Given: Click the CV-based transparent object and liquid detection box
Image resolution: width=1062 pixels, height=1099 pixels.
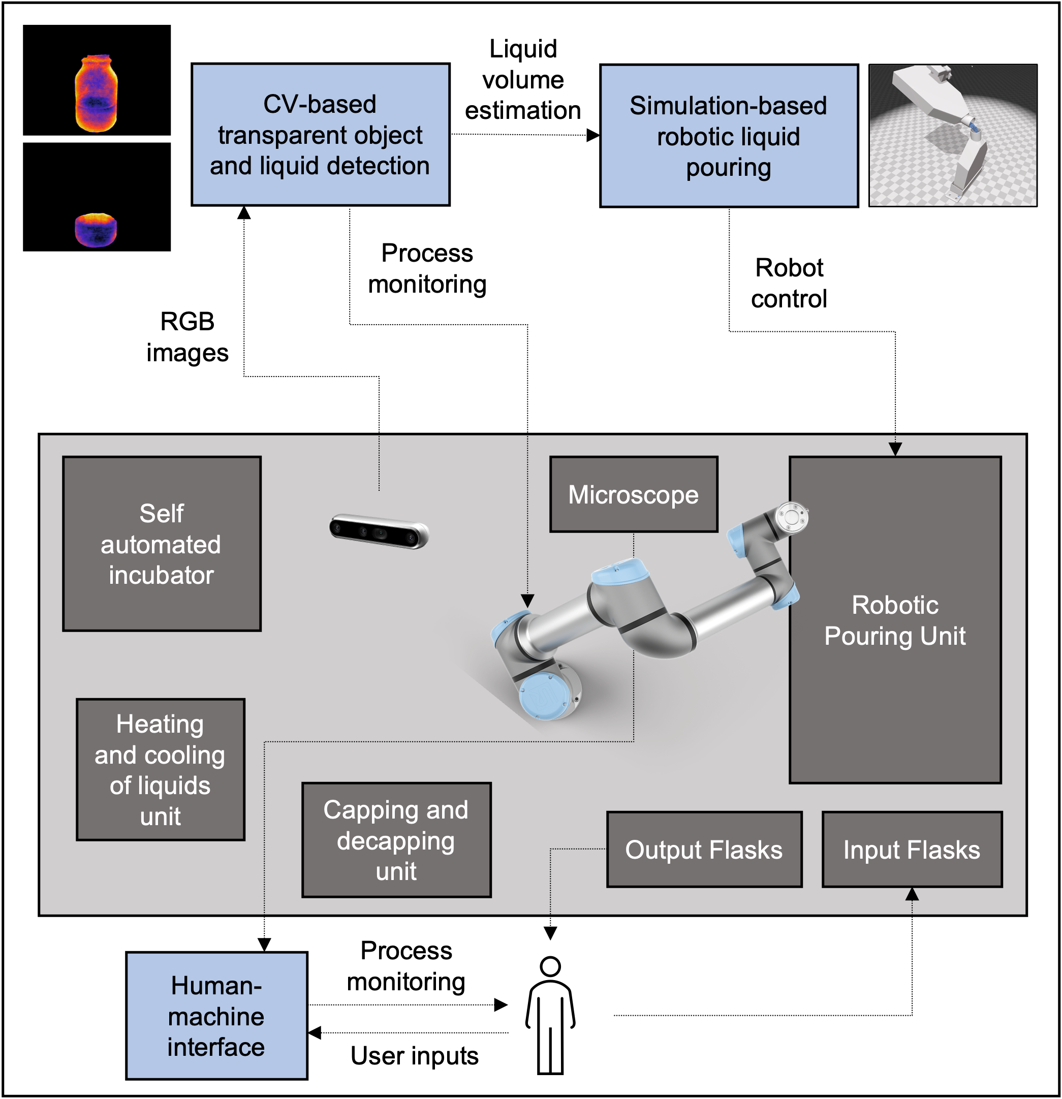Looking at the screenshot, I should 320,135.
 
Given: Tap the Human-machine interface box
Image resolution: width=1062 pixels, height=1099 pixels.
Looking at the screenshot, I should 216,1016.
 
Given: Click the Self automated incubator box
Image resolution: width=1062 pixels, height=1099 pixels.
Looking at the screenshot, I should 162,543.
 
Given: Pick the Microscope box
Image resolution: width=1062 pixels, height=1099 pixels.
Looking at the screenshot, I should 634,494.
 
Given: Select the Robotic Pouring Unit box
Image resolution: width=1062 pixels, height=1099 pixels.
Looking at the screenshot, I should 895,619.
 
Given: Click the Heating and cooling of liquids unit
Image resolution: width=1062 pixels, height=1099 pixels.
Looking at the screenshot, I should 161,769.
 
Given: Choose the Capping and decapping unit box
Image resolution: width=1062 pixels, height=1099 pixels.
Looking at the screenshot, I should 396,839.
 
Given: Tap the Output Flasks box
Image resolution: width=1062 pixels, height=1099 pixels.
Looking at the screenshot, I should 704,849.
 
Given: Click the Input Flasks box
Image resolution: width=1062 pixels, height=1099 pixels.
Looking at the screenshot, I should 912,849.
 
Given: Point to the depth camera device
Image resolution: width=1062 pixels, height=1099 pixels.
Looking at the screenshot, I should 379,530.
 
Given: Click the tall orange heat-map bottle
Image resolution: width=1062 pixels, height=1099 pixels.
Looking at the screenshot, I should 97,93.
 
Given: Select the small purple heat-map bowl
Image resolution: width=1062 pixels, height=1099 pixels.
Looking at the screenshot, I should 96,230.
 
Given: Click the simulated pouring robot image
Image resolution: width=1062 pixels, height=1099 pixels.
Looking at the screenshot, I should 952,136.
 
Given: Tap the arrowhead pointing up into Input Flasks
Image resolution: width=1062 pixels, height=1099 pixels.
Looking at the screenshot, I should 912,894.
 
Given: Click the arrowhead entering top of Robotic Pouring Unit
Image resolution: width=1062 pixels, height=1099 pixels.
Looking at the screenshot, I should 895,449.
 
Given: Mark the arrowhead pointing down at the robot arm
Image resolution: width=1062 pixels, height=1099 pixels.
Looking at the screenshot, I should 527,601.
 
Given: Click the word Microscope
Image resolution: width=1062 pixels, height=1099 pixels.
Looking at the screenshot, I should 634,495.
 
